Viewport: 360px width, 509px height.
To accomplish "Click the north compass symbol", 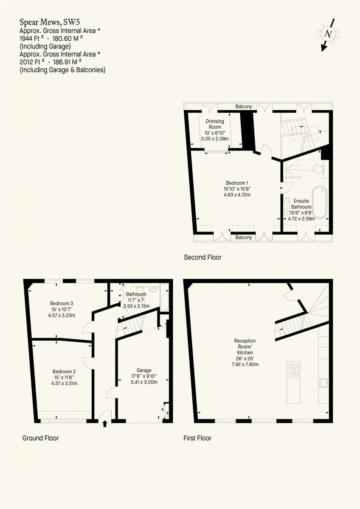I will coord(327,34).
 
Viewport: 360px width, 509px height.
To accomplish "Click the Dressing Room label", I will coord(214,124).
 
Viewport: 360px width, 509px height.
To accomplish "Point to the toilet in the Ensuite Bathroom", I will coord(318,169).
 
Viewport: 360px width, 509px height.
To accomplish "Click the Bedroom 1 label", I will coord(237,183).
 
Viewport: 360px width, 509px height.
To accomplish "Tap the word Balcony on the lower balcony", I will coord(244,238).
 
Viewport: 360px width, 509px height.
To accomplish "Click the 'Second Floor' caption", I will coord(202,257).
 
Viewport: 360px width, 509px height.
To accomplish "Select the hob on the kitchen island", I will coord(294,370).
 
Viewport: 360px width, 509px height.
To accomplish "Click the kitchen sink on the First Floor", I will coord(323,383).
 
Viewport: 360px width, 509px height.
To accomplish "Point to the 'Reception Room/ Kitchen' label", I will coord(245,347).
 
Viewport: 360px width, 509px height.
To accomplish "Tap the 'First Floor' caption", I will coord(197,438).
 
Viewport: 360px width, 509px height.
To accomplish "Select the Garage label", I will coord(144,370).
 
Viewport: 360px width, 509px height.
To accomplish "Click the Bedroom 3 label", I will coord(62,303).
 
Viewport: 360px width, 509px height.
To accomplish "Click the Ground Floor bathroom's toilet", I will coord(153,289).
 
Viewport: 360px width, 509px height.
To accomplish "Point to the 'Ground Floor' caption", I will coord(40,438).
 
